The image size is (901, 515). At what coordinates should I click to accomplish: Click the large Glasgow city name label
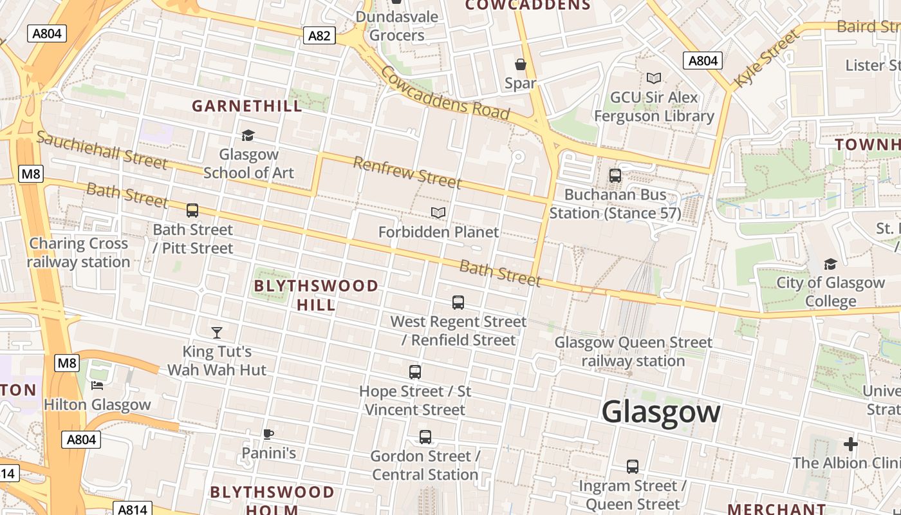661,411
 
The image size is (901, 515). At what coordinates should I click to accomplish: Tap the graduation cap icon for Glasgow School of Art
248,135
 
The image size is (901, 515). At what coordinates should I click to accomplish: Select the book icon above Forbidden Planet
438,212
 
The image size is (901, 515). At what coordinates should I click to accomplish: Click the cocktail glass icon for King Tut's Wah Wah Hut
217,333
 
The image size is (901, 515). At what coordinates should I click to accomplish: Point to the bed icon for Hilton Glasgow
97,386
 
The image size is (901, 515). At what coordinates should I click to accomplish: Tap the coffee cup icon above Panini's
268,434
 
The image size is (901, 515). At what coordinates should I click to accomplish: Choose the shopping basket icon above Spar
521,64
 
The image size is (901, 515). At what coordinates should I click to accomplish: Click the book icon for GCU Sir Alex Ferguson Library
654,78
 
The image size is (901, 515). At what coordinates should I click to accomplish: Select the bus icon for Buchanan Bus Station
615,175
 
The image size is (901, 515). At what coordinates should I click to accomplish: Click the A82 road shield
319,35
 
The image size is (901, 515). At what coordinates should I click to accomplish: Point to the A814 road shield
133,509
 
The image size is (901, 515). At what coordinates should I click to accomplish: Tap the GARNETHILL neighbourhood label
247,106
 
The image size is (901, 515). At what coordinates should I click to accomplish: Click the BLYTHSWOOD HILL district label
316,295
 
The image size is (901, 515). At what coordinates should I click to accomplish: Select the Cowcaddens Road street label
445,94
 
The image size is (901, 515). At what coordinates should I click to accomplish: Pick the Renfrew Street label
407,173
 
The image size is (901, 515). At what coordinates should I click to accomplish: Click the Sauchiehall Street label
102,150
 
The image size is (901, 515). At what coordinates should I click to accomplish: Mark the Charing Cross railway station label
79,253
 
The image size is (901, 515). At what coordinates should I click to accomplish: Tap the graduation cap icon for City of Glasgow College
830,264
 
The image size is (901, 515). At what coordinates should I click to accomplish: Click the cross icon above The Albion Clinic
851,444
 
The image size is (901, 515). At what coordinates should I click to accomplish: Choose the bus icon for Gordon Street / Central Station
425,437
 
